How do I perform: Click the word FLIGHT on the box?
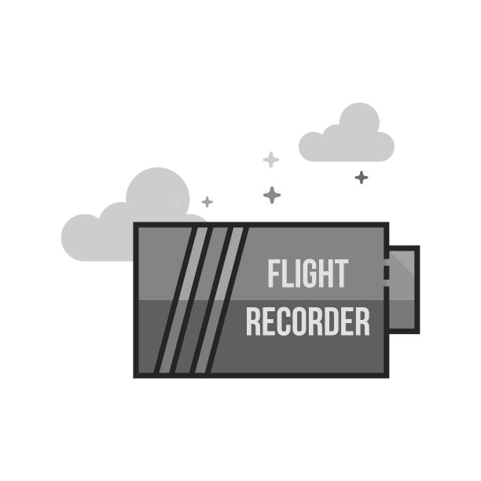pos(307,274)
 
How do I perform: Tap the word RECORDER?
pos(307,321)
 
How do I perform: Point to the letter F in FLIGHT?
pos(274,274)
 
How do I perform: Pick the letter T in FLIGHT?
pos(340,274)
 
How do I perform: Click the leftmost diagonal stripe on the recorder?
pos(180,299)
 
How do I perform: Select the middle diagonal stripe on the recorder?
pos(200,299)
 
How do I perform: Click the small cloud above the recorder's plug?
pos(348,135)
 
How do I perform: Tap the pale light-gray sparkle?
pos(270,160)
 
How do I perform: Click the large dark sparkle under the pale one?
pos(273,194)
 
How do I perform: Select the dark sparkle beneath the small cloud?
pos(361,177)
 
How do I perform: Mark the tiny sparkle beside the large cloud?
pos(207,202)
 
